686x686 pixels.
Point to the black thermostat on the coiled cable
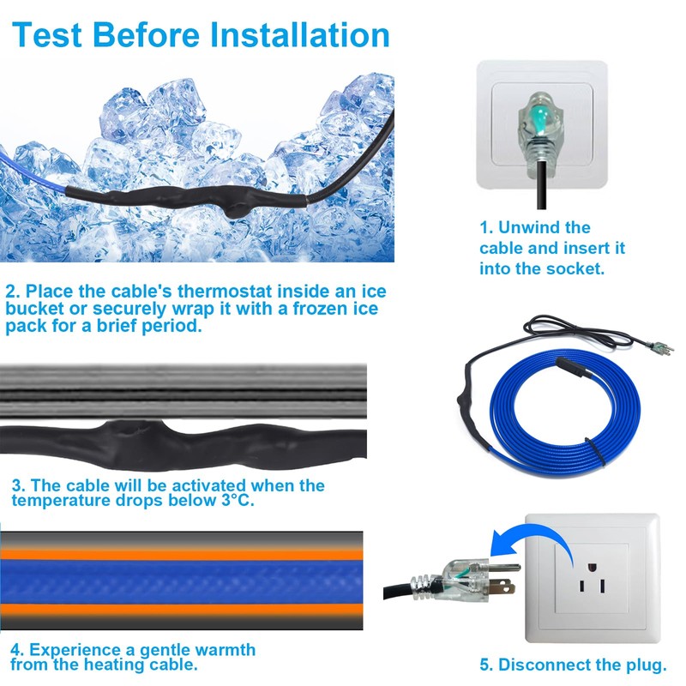pos(570,371)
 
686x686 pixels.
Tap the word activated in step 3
pos(177,485)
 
